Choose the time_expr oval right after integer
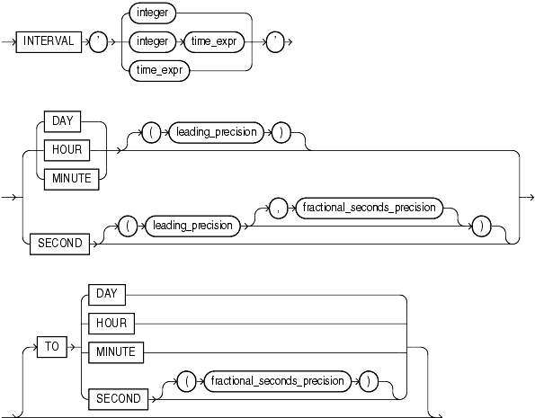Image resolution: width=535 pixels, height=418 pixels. pos(214,42)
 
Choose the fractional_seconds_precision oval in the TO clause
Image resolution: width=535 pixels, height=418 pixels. pos(277,381)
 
